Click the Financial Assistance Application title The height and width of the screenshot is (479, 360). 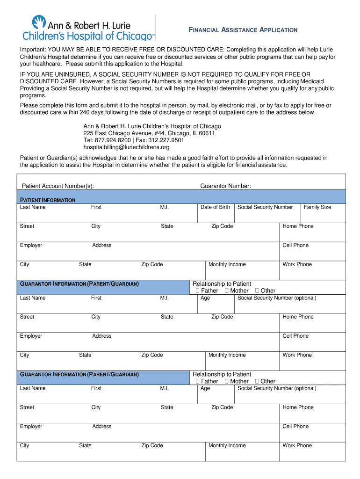243,30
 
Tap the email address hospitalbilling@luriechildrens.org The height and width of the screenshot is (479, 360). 126,147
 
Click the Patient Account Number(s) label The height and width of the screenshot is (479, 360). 58,186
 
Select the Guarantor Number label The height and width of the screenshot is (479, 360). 225,186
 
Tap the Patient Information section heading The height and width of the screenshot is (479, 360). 47,200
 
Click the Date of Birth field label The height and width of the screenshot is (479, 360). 215,207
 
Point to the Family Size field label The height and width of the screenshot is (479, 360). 317,207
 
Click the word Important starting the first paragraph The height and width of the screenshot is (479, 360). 34,50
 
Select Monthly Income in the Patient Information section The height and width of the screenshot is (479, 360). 227,264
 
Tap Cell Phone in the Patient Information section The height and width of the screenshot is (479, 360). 295,245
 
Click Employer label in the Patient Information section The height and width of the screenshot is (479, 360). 31,245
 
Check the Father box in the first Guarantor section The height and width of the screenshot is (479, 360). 198,290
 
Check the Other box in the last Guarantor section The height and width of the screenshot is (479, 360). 257,381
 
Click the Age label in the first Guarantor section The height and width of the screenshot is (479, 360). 205,298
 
